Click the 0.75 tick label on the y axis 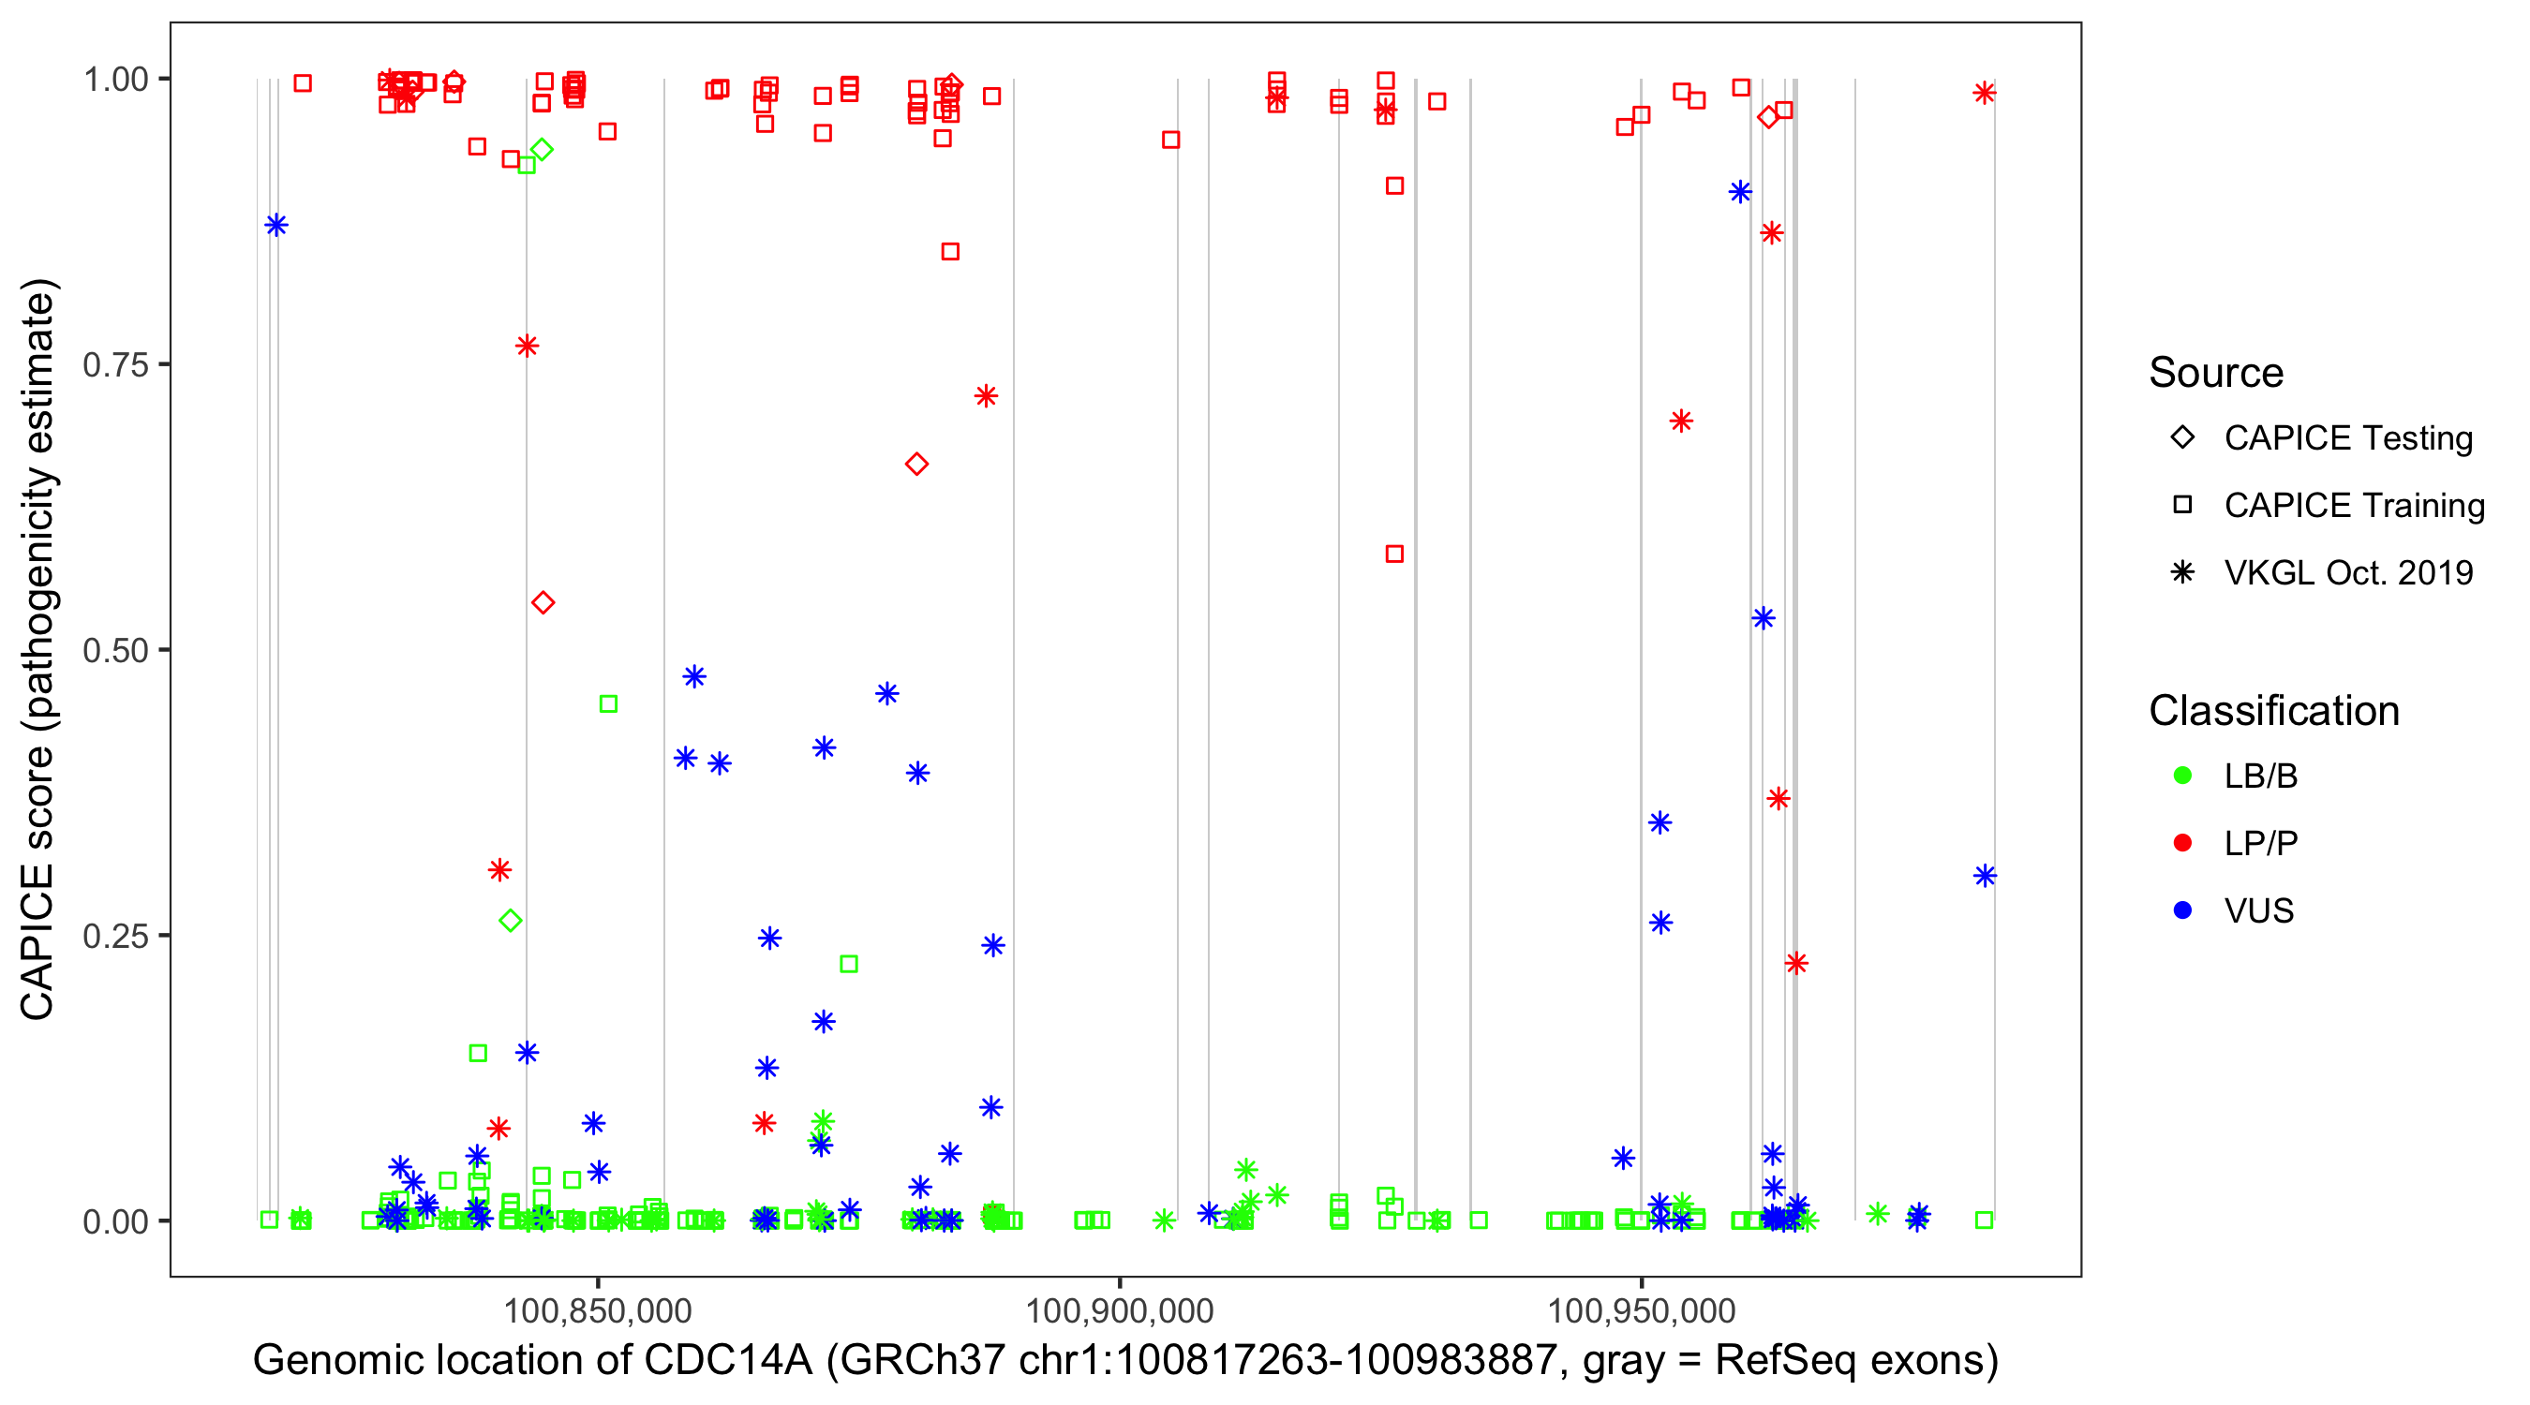114,365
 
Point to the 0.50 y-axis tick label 114,650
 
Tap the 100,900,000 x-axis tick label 1120,1310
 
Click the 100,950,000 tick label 1641,1310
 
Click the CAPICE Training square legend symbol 2182,505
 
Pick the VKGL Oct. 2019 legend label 2348,572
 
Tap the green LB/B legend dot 2182,776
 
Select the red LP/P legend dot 2182,843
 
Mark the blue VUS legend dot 2182,910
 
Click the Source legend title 2216,373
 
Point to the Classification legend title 2273,711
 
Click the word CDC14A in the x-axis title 728,1361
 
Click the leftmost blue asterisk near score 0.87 276,226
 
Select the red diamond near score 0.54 543,602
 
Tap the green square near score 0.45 608,704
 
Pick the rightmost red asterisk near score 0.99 1984,94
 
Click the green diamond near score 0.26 510,921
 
